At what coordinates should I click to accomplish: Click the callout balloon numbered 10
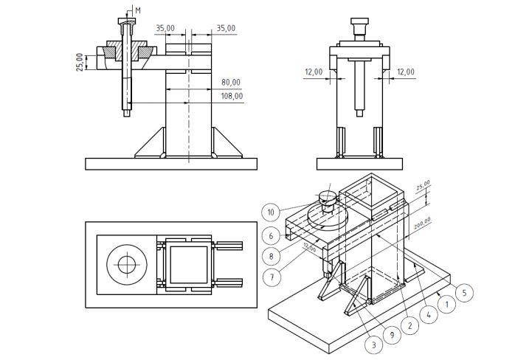pos(271,212)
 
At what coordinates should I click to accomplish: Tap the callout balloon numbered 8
pos(271,256)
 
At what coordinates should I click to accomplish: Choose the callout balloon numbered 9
pos(394,335)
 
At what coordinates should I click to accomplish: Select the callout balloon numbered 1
pos(446,303)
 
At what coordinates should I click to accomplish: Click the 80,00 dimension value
pos(231,82)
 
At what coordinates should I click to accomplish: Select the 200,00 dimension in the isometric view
pos(422,224)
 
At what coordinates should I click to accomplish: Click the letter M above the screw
pos(138,10)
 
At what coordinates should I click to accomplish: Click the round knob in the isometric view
pos(327,196)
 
